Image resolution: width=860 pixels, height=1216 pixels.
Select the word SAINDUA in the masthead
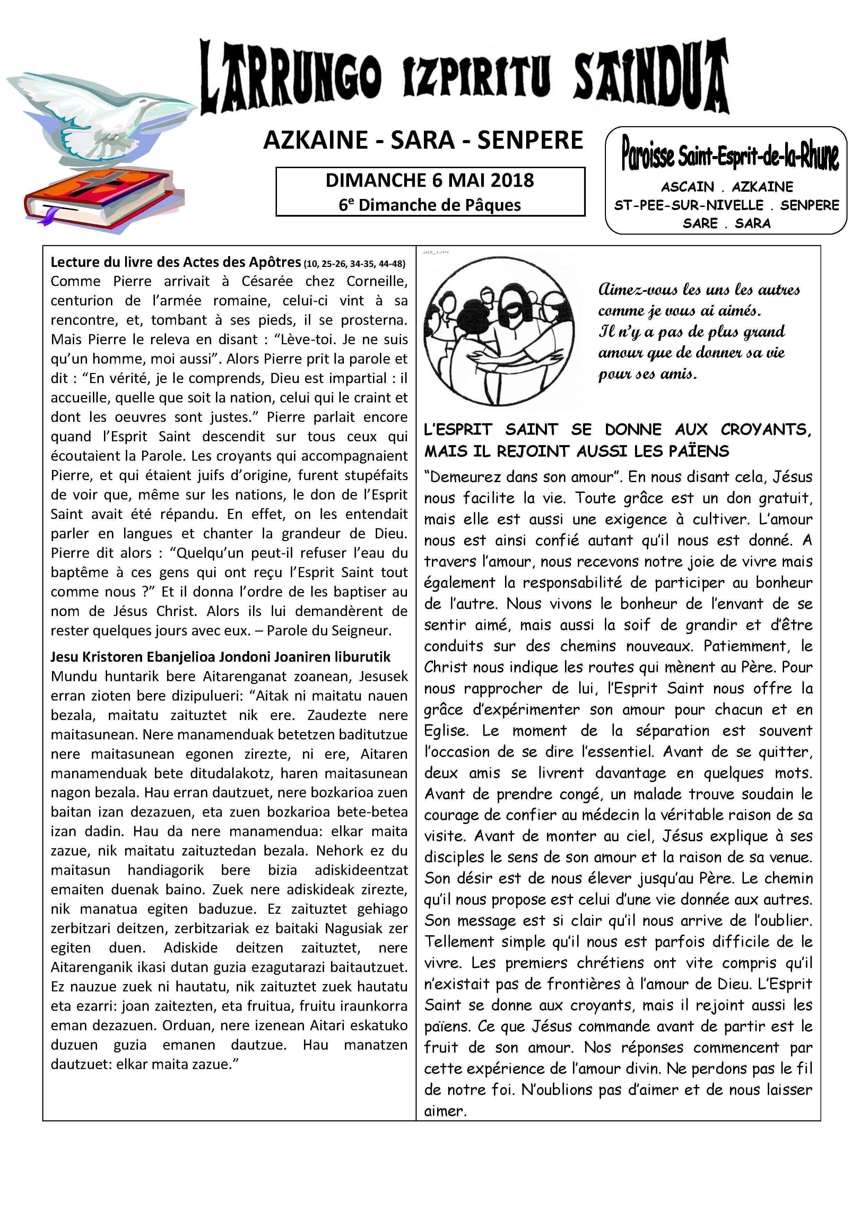point(651,79)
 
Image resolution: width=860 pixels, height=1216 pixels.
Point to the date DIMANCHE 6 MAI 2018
point(429,181)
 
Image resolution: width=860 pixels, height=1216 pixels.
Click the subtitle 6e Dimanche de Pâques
point(429,205)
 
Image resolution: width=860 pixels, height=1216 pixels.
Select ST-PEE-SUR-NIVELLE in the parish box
point(688,206)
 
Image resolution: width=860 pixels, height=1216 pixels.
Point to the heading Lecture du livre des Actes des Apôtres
point(176,262)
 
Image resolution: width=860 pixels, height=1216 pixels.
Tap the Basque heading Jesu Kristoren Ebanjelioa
point(220,657)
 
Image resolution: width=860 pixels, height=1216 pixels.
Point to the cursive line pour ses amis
point(647,374)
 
